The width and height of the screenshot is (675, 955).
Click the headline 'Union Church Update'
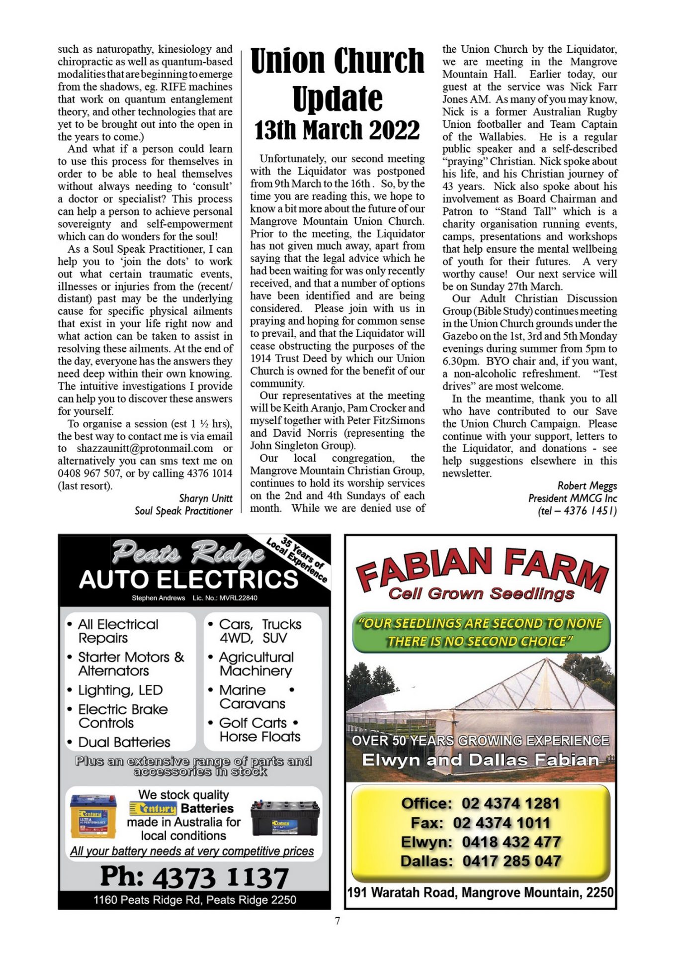tap(337, 80)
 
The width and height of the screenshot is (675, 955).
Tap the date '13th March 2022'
tap(337, 130)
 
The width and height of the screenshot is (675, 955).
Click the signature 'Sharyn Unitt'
tap(205, 498)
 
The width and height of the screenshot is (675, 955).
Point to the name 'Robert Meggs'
tap(587, 485)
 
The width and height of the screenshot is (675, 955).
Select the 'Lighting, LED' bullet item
tap(120, 690)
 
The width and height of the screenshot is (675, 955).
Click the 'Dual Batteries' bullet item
tap(124, 742)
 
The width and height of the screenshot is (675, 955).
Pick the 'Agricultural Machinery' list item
tap(256, 664)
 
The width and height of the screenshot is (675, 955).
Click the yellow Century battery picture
tap(93, 815)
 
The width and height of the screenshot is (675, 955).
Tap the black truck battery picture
tap(284, 817)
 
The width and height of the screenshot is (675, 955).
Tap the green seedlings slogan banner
tap(481, 632)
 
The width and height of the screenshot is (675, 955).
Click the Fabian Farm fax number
tap(501, 823)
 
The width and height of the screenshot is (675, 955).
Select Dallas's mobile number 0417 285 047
tap(511, 861)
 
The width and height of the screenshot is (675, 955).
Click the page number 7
tap(337, 921)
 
